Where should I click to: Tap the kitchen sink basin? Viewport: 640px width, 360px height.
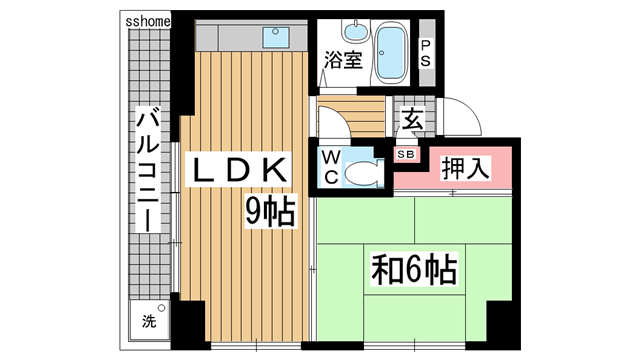pyautogui.click(x=275, y=38)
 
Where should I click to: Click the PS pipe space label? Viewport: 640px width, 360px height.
pyautogui.click(x=426, y=52)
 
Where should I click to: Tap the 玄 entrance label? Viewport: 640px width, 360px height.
pyautogui.click(x=411, y=120)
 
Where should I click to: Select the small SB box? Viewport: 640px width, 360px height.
pyautogui.click(x=407, y=154)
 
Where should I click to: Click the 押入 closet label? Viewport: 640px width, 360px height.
pyautogui.click(x=465, y=168)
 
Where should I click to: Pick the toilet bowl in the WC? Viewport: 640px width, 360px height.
pyautogui.click(x=360, y=172)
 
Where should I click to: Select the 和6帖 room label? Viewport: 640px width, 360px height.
pyautogui.click(x=414, y=269)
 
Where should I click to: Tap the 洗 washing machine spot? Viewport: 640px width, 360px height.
pyautogui.click(x=149, y=322)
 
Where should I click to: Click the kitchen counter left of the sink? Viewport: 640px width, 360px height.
pyautogui.click(x=225, y=37)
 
